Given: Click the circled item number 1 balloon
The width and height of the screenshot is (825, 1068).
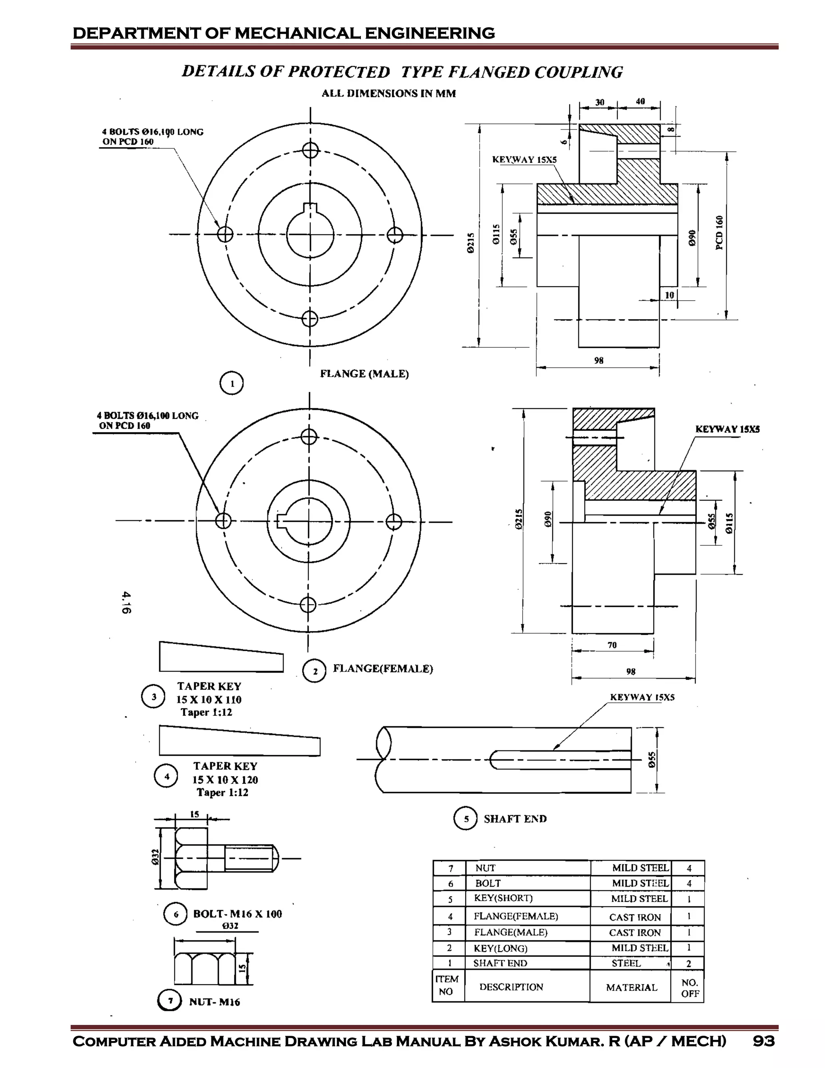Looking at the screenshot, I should tap(232, 383).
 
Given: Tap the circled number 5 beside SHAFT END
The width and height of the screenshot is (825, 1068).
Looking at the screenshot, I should tap(465, 819).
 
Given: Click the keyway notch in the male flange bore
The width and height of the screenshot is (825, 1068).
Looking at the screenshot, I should tap(310, 208).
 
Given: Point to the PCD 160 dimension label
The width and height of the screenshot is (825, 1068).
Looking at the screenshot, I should tap(719, 233).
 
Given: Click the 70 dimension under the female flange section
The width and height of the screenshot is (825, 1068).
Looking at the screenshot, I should tap(612, 645).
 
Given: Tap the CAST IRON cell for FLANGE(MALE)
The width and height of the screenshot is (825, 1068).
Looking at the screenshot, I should tap(634, 933).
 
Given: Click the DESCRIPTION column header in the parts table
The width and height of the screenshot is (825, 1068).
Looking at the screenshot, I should tap(511, 987).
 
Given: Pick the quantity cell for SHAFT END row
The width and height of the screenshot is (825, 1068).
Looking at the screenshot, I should tap(688, 963).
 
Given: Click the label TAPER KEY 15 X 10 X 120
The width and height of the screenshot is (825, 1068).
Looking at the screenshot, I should tap(225, 779).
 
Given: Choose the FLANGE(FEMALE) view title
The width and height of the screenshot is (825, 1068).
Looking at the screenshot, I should tap(383, 669).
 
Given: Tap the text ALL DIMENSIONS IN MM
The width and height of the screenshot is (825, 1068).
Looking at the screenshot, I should tap(389, 94).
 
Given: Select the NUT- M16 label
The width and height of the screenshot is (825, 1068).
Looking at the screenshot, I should tap(215, 1002).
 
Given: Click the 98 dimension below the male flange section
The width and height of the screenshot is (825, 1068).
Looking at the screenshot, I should tap(599, 360).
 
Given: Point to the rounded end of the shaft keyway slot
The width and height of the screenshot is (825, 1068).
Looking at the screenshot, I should tap(495, 759).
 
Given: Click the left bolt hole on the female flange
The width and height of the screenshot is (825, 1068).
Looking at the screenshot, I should tap(223, 520).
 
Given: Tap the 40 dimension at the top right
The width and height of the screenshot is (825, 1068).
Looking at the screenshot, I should tap(640, 101).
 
